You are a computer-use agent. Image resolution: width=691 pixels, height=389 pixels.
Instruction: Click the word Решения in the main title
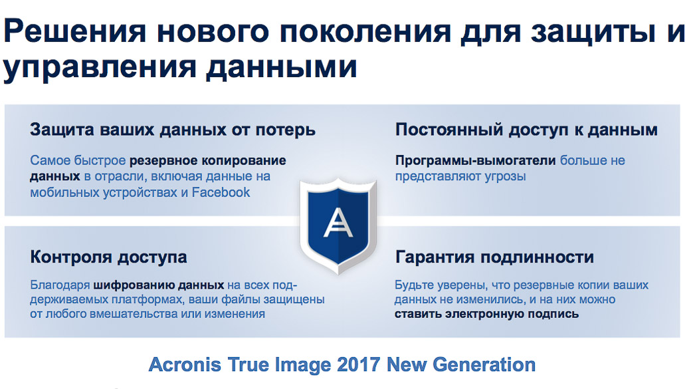pyautogui.click(x=75, y=32)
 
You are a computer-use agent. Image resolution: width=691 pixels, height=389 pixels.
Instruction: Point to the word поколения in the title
pyautogui.click(x=365, y=32)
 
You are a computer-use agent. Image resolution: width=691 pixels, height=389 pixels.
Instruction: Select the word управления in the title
pyautogui.click(x=100, y=68)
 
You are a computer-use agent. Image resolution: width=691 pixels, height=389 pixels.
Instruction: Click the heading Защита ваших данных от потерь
pyautogui.click(x=173, y=130)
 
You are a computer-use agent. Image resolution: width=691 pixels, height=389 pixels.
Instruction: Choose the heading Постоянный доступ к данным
pyautogui.click(x=526, y=130)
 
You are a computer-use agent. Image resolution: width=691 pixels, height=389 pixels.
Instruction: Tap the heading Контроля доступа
pyautogui.click(x=108, y=257)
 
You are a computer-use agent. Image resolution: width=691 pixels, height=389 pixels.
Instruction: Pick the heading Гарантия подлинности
pyautogui.click(x=494, y=257)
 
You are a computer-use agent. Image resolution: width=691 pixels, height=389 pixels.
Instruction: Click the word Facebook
pyautogui.click(x=221, y=192)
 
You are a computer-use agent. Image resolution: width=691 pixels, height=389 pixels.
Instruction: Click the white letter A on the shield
pyautogui.click(x=338, y=222)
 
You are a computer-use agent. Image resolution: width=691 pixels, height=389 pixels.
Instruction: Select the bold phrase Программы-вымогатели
pyautogui.click(x=476, y=160)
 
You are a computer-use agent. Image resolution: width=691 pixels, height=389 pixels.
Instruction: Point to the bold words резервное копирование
pyautogui.click(x=207, y=160)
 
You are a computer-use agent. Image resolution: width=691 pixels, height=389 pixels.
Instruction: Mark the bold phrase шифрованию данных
pyautogui.click(x=159, y=285)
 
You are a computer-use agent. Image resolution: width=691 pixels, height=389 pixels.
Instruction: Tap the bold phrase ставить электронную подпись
pyautogui.click(x=486, y=314)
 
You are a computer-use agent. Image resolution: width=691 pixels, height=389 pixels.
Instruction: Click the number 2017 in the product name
pyautogui.click(x=358, y=365)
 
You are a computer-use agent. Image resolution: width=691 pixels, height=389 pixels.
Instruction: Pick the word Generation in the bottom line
pyautogui.click(x=484, y=365)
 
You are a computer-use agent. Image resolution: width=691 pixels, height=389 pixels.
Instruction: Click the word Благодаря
pyautogui.click(x=60, y=285)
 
